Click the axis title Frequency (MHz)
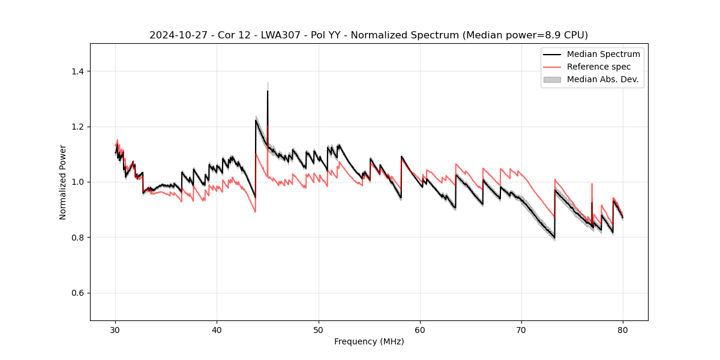369,341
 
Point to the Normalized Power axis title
63,182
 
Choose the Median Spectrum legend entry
603,54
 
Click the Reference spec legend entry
600,67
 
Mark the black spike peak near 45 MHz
268,91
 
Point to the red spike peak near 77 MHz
592,184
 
